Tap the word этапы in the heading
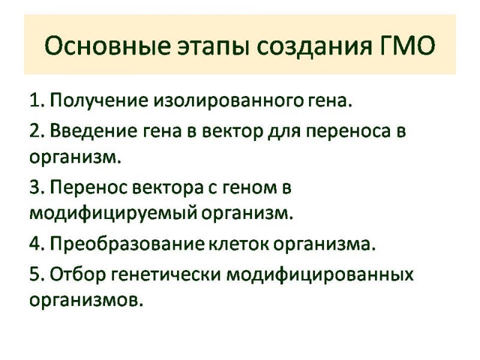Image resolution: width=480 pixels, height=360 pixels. click(x=213, y=47)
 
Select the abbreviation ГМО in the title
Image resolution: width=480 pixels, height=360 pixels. click(x=404, y=46)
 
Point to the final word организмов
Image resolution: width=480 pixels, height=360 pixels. click(x=86, y=301)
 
